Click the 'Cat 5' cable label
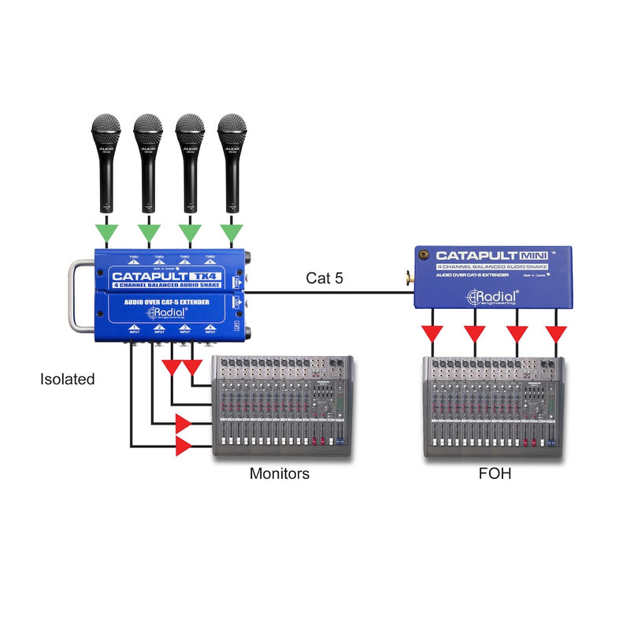click(324, 278)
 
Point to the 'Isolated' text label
click(68, 380)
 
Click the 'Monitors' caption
click(280, 474)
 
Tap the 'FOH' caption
click(494, 474)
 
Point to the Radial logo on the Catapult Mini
click(492, 296)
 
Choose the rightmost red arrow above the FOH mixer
click(557, 334)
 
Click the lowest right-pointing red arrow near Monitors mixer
click(183, 447)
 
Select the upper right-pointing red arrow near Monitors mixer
click(183, 424)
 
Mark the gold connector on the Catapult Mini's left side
click(409, 276)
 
